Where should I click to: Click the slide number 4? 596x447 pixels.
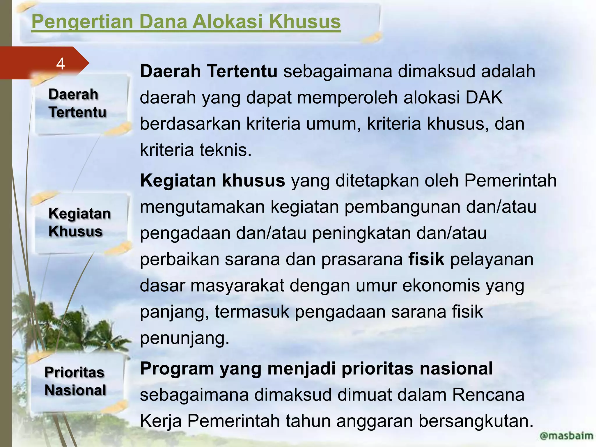coord(60,64)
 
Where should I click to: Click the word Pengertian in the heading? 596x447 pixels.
coord(82,22)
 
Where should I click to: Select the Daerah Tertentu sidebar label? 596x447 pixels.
coord(77,103)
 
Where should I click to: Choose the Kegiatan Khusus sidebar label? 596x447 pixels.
coord(79,222)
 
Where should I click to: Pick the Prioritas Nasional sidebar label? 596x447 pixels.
coord(75,381)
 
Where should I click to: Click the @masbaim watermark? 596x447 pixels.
coord(566,435)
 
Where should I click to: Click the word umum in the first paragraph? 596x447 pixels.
coord(334,124)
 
